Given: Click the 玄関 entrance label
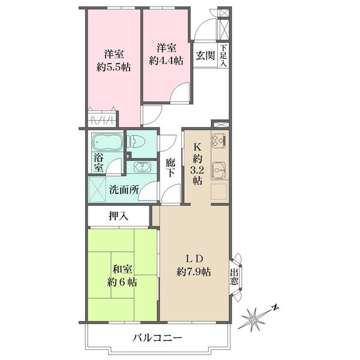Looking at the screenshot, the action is (x=205, y=55).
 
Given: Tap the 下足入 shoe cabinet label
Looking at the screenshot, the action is (x=223, y=56).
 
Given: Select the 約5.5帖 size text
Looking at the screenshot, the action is (x=113, y=67).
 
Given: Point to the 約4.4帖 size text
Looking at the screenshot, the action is (x=166, y=61).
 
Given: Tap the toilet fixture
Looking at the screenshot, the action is (x=136, y=142).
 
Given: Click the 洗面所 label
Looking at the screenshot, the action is (x=124, y=190).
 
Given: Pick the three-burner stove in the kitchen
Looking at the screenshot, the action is (x=219, y=140).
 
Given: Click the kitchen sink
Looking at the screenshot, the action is (x=219, y=170).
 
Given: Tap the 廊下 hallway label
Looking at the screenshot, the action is (x=170, y=169).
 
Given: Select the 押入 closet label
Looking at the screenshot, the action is (x=118, y=216).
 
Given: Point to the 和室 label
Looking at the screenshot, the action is (x=122, y=269).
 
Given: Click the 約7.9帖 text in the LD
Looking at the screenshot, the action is (x=194, y=272).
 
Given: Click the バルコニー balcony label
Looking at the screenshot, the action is (x=157, y=338).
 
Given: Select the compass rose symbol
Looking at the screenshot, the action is (x=254, y=319).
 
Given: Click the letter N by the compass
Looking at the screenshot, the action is (x=275, y=308).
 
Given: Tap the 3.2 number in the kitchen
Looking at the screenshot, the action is (x=197, y=170).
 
